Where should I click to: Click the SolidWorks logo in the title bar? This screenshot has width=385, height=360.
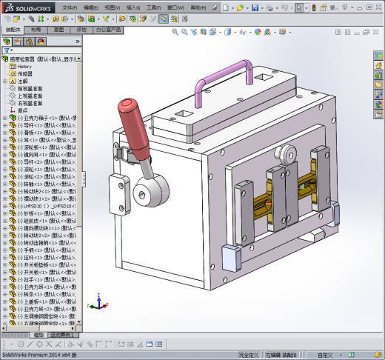click(29, 7)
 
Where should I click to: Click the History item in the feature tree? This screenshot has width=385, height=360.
click(24, 66)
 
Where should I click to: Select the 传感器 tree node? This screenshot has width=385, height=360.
click(26, 73)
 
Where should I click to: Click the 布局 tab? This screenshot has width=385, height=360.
click(36, 30)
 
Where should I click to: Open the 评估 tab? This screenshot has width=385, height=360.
click(81, 30)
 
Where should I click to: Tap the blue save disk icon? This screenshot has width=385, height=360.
click(255, 7)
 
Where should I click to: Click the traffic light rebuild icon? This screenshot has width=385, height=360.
click(312, 7)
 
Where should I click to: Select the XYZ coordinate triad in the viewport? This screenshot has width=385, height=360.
click(99, 304)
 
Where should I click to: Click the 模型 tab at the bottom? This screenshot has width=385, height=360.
click(38, 335)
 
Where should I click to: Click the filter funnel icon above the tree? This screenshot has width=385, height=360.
click(7, 50)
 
